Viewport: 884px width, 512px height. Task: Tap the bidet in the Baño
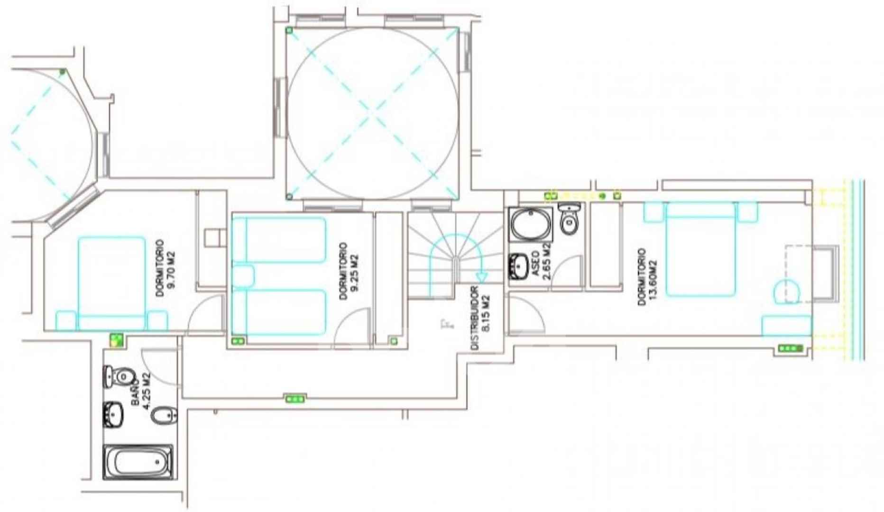164,416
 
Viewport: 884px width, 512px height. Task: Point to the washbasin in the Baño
113,414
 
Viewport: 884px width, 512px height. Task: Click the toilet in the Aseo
569,219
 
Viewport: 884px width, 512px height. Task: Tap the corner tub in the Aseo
531,224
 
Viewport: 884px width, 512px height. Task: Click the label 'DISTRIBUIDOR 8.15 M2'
480,318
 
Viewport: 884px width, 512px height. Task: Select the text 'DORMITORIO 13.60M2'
648,277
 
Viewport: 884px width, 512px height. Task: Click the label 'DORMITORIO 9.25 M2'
349,271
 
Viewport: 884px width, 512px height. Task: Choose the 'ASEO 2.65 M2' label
541,261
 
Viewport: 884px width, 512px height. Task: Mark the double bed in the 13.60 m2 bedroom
700,249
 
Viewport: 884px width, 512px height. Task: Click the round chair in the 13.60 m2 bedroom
787,291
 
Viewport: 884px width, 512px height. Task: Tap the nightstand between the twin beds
243,276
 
